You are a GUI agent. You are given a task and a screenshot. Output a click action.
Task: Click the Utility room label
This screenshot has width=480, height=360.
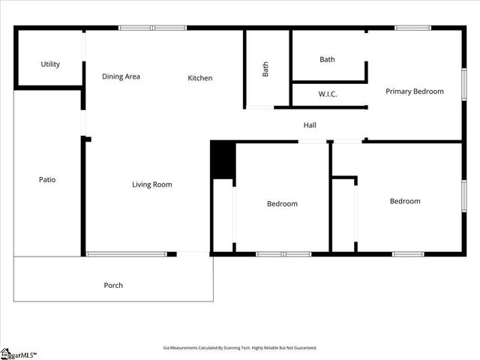click(x=50, y=64)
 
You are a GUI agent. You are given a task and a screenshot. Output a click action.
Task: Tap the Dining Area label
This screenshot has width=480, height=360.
click(x=121, y=76)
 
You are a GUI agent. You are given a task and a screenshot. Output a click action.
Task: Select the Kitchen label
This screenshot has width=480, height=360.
click(x=199, y=78)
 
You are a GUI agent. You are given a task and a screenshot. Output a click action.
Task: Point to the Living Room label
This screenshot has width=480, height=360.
click(x=151, y=184)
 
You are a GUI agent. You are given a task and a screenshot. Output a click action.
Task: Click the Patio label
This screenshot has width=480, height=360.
click(x=47, y=180)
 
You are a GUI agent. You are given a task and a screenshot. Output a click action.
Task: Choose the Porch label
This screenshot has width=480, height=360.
click(x=113, y=285)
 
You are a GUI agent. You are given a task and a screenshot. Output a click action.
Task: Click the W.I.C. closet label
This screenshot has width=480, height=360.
click(x=327, y=94)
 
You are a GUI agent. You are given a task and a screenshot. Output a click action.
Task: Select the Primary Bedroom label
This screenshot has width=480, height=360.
click(x=414, y=91)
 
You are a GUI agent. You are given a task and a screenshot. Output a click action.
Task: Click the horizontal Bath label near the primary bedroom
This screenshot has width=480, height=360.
click(x=327, y=59)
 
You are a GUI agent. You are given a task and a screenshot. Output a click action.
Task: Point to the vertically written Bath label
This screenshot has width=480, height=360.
click(x=265, y=69)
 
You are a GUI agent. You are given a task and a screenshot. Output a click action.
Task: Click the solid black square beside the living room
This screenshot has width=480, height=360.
click(x=223, y=160)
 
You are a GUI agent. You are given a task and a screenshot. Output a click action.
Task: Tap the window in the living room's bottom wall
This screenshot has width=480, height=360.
click(x=126, y=254)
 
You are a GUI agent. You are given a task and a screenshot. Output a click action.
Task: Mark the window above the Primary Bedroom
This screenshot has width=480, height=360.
click(x=412, y=28)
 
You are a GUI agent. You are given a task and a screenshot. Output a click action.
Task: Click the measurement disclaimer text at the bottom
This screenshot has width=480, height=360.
click(x=240, y=347)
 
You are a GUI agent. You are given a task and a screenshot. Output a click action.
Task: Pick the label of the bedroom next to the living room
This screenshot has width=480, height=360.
click(x=282, y=204)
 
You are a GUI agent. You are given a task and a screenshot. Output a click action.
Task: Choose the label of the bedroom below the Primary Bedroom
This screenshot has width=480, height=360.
click(x=404, y=201)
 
